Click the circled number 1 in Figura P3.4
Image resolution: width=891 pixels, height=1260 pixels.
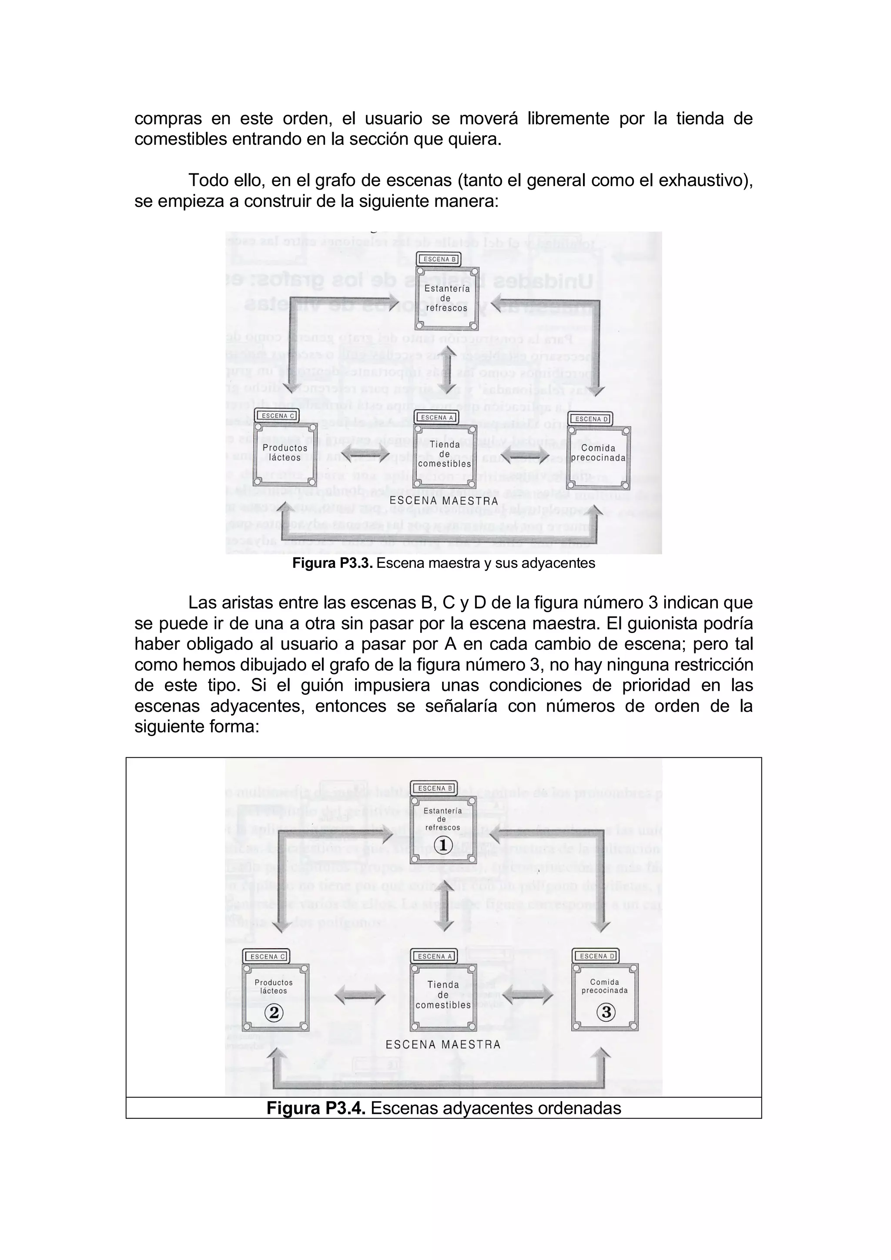pyautogui.click(x=443, y=845)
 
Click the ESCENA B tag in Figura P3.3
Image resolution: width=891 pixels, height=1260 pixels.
pyautogui.click(x=439, y=259)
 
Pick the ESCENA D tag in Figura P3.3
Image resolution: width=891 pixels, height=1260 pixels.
pyautogui.click(x=591, y=419)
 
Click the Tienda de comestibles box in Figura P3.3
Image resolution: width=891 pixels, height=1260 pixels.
pyautogui.click(x=445, y=454)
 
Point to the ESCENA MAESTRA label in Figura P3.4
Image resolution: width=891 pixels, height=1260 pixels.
pyautogui.click(x=443, y=1044)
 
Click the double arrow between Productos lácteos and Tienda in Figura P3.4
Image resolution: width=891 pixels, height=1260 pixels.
pyautogui.click(x=360, y=994)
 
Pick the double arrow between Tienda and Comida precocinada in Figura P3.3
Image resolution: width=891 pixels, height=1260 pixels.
pyautogui.click(x=525, y=454)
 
